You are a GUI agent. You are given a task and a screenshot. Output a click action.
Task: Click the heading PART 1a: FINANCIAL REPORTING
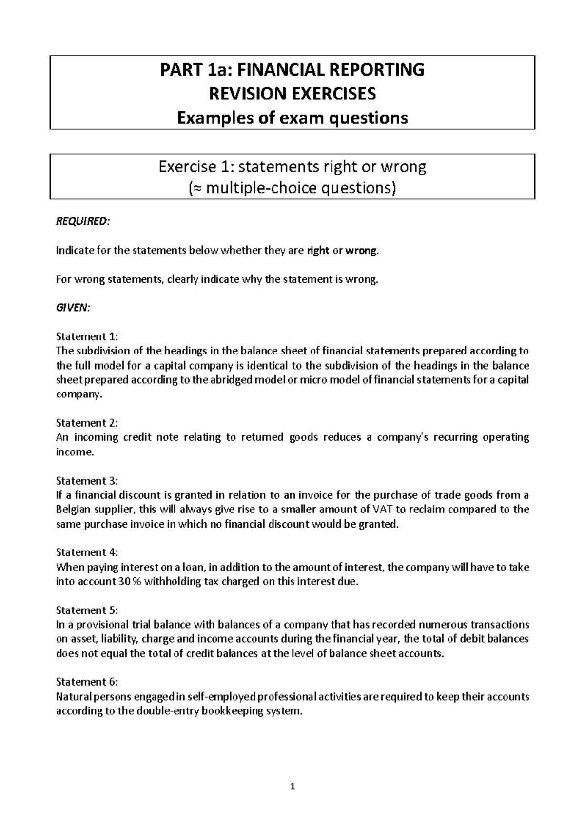click(292, 70)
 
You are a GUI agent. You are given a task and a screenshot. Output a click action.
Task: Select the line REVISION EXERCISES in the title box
click(292, 93)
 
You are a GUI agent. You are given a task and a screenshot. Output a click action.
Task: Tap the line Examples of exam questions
click(292, 118)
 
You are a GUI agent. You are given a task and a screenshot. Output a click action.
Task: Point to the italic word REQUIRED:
click(83, 222)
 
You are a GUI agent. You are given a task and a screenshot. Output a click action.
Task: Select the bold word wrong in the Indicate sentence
click(361, 251)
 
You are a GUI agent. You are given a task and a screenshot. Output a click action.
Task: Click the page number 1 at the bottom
click(292, 786)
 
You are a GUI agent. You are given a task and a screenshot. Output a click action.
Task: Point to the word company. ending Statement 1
click(79, 394)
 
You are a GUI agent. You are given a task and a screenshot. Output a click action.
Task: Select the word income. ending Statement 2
click(74, 452)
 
